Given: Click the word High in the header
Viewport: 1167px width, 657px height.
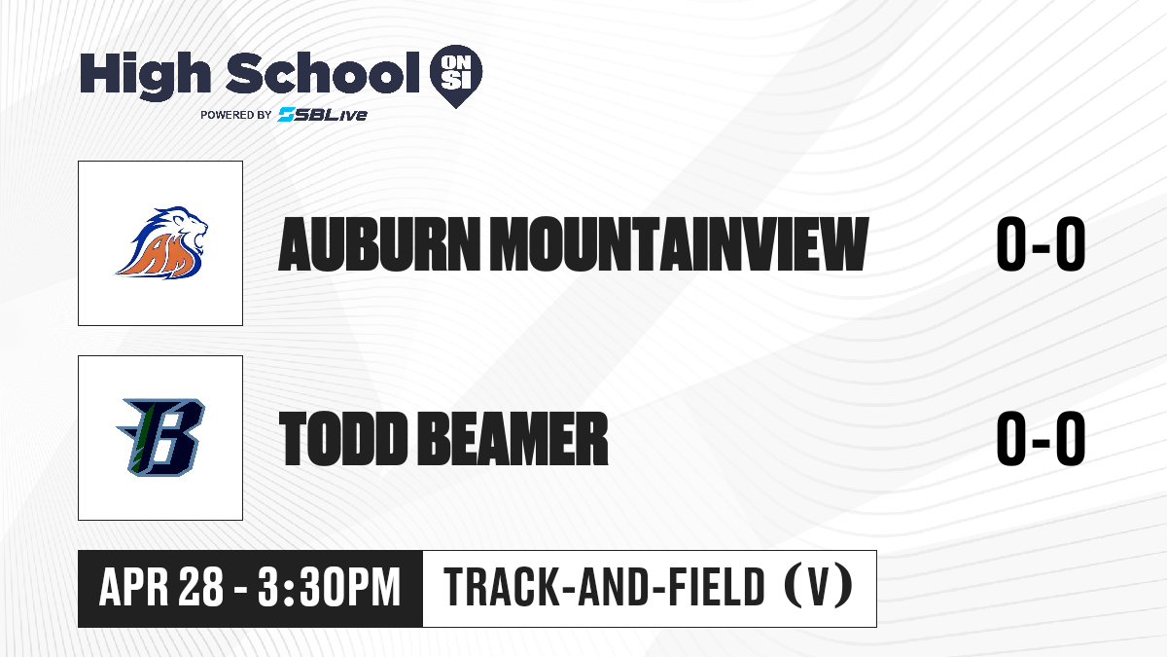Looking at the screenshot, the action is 145,75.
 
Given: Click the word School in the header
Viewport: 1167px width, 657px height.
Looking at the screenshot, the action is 323,73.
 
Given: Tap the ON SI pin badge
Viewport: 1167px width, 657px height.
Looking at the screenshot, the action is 456,76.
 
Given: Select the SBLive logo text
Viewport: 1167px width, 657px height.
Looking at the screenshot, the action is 323,115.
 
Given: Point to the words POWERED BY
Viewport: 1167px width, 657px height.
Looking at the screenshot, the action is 236,115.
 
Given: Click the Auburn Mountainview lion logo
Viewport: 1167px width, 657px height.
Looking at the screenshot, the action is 162,242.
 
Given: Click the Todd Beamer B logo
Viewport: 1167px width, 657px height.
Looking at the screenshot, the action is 160,437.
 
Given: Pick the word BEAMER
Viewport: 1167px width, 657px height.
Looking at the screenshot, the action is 513,439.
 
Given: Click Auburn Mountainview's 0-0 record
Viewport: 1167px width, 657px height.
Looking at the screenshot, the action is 1041,244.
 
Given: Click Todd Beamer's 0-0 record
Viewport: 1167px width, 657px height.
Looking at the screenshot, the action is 1041,439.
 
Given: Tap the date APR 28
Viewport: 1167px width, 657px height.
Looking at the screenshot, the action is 161,588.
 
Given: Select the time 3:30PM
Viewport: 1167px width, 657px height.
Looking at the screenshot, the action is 329,588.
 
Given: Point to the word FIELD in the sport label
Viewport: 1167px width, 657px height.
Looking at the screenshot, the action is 717,588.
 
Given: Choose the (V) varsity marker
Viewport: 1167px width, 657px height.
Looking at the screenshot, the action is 819,588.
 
